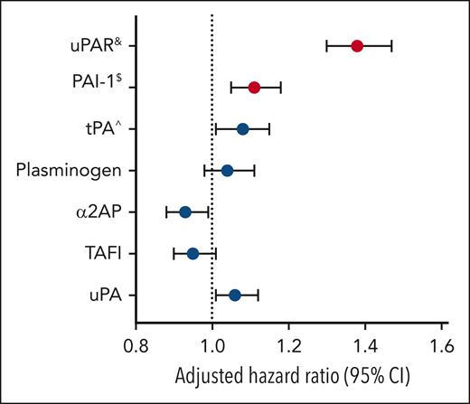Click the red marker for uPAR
click(x=357, y=45)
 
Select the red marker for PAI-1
click(x=254, y=87)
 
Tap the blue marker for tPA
click(x=243, y=128)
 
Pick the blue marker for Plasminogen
click(x=227, y=170)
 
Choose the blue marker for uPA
click(x=235, y=295)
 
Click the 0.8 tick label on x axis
click(x=136, y=343)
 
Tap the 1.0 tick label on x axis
click(x=212, y=343)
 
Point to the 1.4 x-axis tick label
click(x=365, y=343)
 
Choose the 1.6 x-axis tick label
click(x=440, y=343)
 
